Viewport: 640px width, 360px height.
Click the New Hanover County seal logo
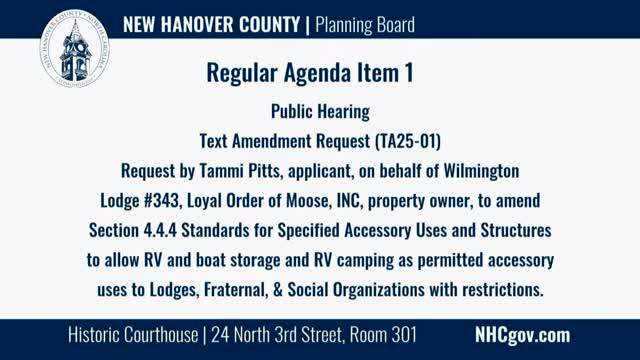pos(75,48)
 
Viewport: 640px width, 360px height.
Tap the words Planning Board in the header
pos(365,24)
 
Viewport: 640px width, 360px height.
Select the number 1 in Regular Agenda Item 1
pos(409,73)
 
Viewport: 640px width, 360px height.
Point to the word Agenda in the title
pos(317,73)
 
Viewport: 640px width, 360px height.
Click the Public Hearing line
pos(320,111)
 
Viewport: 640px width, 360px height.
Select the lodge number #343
pos(162,200)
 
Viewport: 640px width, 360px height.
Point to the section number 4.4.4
pos(160,230)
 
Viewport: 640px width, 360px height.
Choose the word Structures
pos(516,230)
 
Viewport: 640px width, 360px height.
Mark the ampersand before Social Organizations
pos(278,290)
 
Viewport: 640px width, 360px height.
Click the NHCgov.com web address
pos(522,335)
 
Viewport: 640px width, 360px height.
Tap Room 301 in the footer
pos(383,335)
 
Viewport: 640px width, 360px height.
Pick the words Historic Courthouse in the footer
pos(133,335)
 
